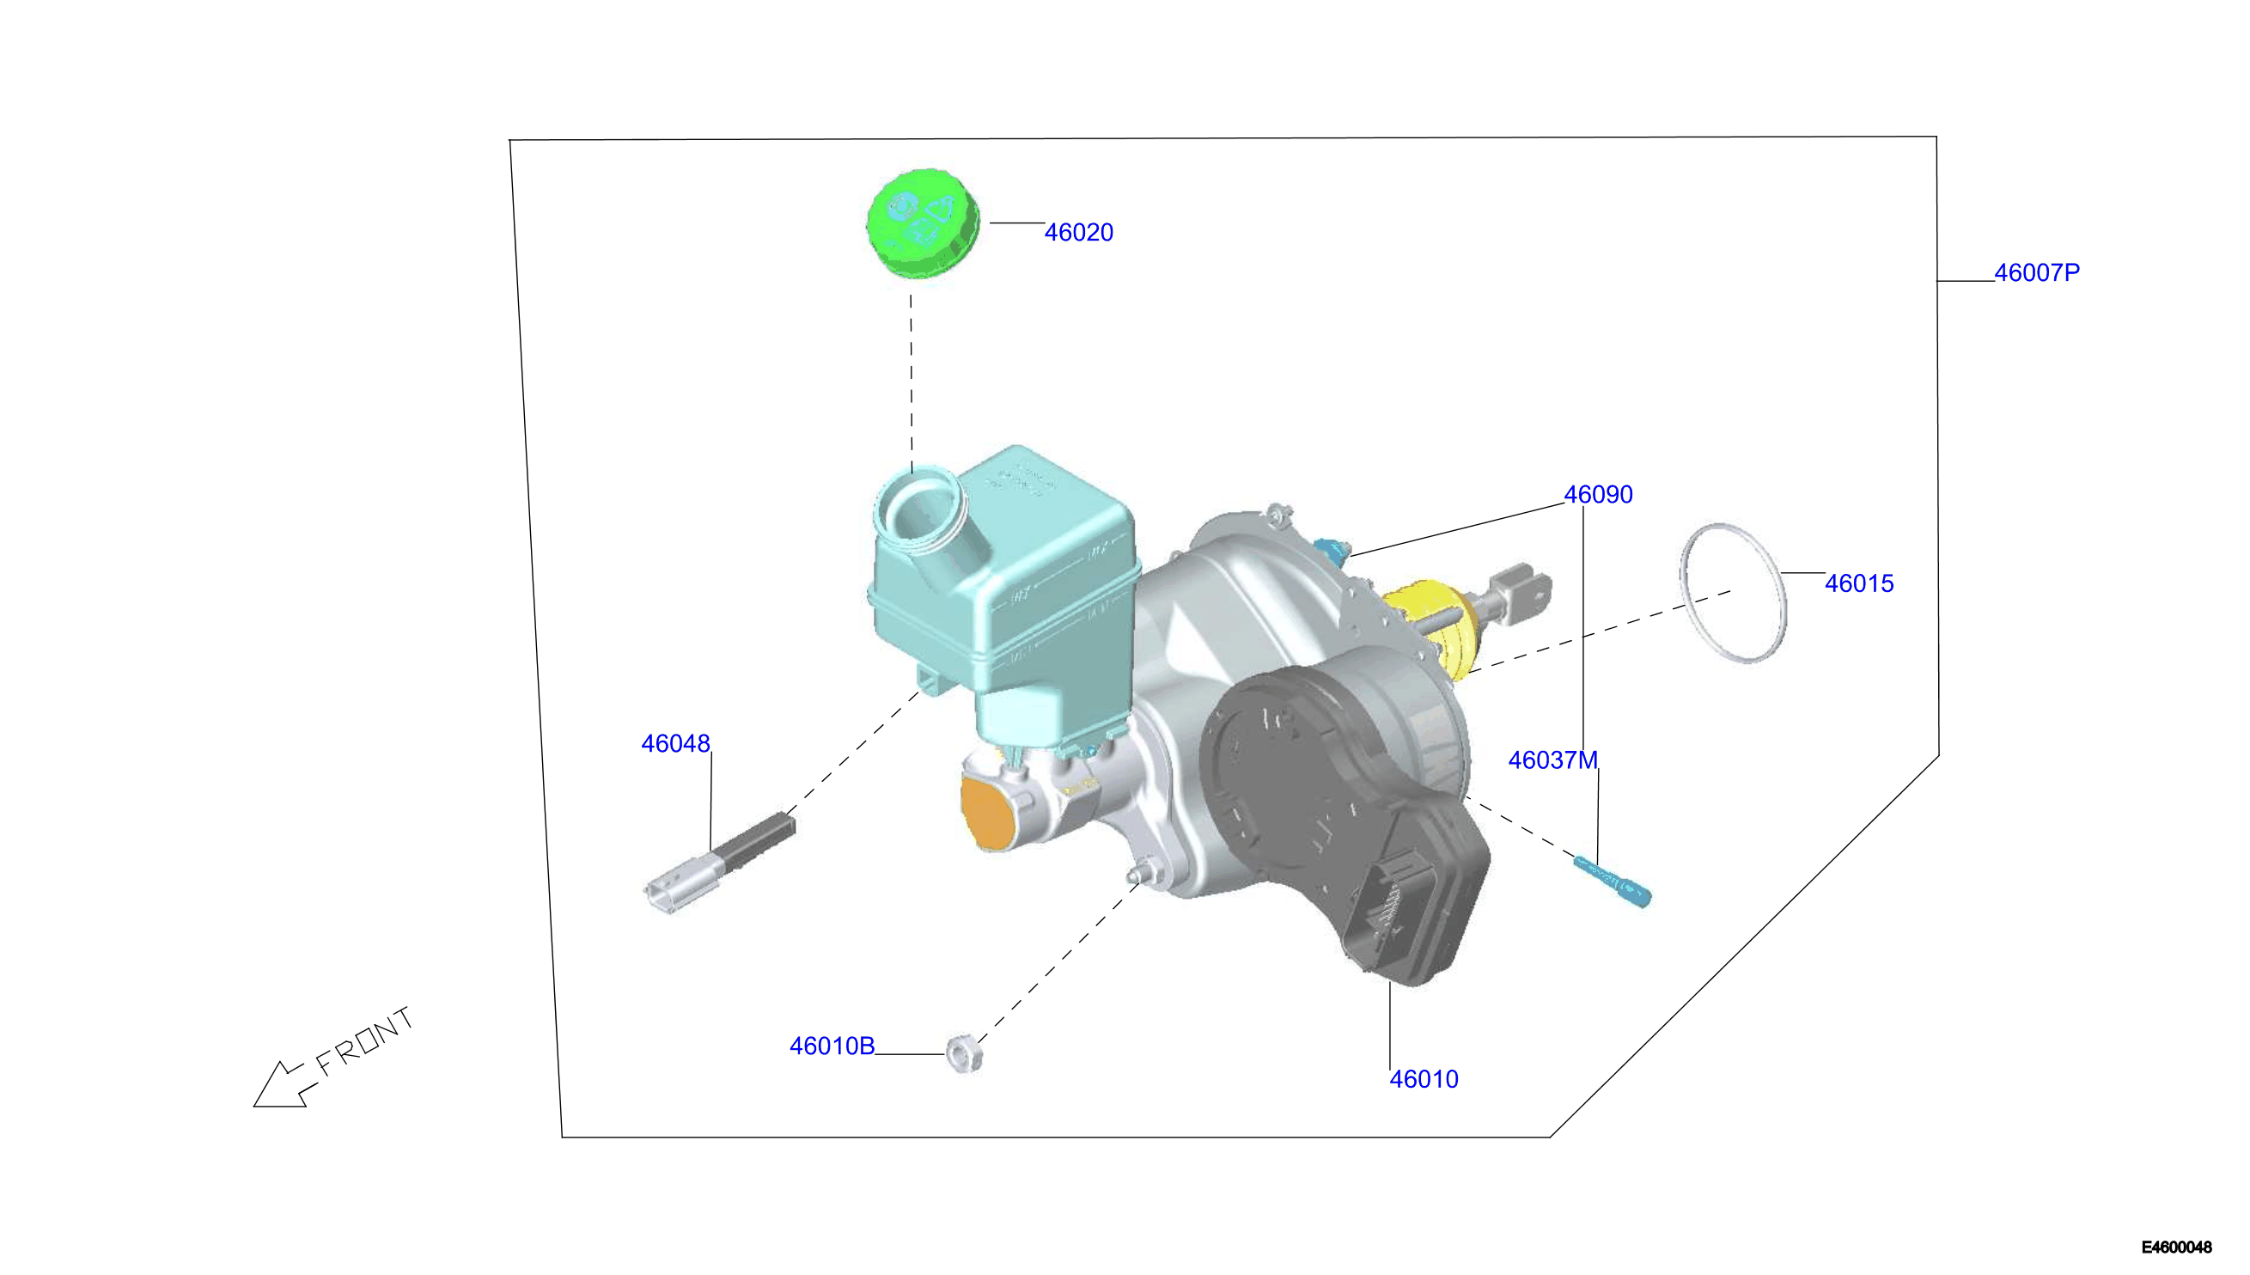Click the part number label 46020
pos(1078,233)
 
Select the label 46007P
pos(2036,273)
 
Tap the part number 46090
pos(1598,495)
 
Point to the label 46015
pos(1858,584)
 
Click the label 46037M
pos(1552,760)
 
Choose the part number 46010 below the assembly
pos(1424,1079)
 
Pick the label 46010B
pos(832,1046)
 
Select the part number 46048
pos(675,743)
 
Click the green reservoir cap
pos(922,223)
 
